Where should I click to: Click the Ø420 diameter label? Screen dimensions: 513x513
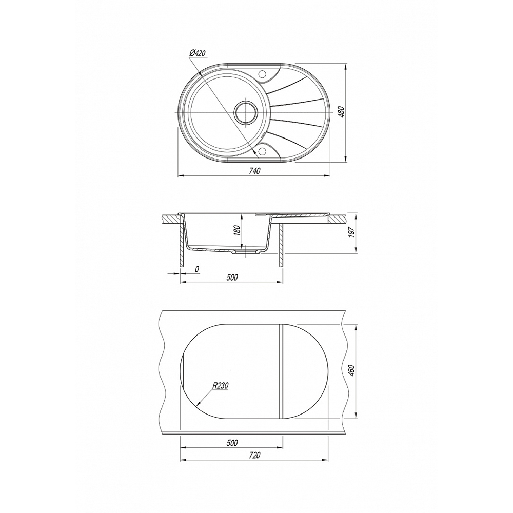coord(198,53)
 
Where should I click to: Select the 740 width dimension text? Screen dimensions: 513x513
coord(254,171)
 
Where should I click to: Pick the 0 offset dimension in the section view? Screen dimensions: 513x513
coord(197,269)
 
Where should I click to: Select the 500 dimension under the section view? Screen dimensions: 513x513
coord(232,278)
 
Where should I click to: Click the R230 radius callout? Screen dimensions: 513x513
coord(220,386)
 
